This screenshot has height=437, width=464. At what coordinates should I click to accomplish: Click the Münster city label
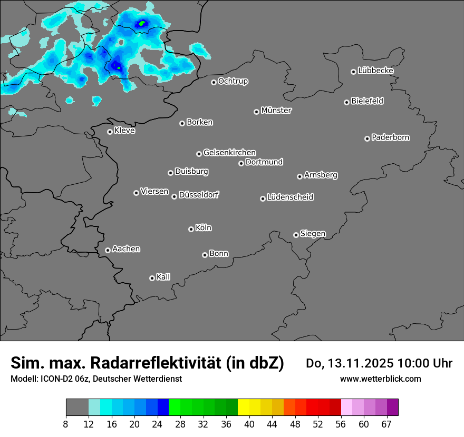[276, 111]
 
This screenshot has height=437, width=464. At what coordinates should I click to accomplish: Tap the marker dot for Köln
[191, 229]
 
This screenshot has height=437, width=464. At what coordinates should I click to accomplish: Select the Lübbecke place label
[375, 71]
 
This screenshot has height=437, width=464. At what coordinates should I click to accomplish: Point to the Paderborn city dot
[367, 138]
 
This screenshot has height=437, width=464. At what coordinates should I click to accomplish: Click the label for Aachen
[126, 249]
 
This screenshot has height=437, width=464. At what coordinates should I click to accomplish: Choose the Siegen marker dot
[296, 235]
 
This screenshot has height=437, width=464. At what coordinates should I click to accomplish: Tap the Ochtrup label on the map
[233, 81]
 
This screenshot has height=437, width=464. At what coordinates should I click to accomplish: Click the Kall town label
[163, 277]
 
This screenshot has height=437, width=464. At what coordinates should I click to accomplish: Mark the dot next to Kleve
[110, 132]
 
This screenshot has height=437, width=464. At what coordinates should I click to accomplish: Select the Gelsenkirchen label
[229, 153]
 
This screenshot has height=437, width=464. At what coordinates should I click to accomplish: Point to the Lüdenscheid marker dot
[263, 198]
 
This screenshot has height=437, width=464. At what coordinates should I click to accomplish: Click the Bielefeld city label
[367, 101]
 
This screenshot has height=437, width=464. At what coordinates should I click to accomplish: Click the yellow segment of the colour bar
[244, 408]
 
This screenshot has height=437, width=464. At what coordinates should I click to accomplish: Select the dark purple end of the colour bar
[393, 408]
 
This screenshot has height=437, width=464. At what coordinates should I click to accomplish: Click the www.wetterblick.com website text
[380, 379]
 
